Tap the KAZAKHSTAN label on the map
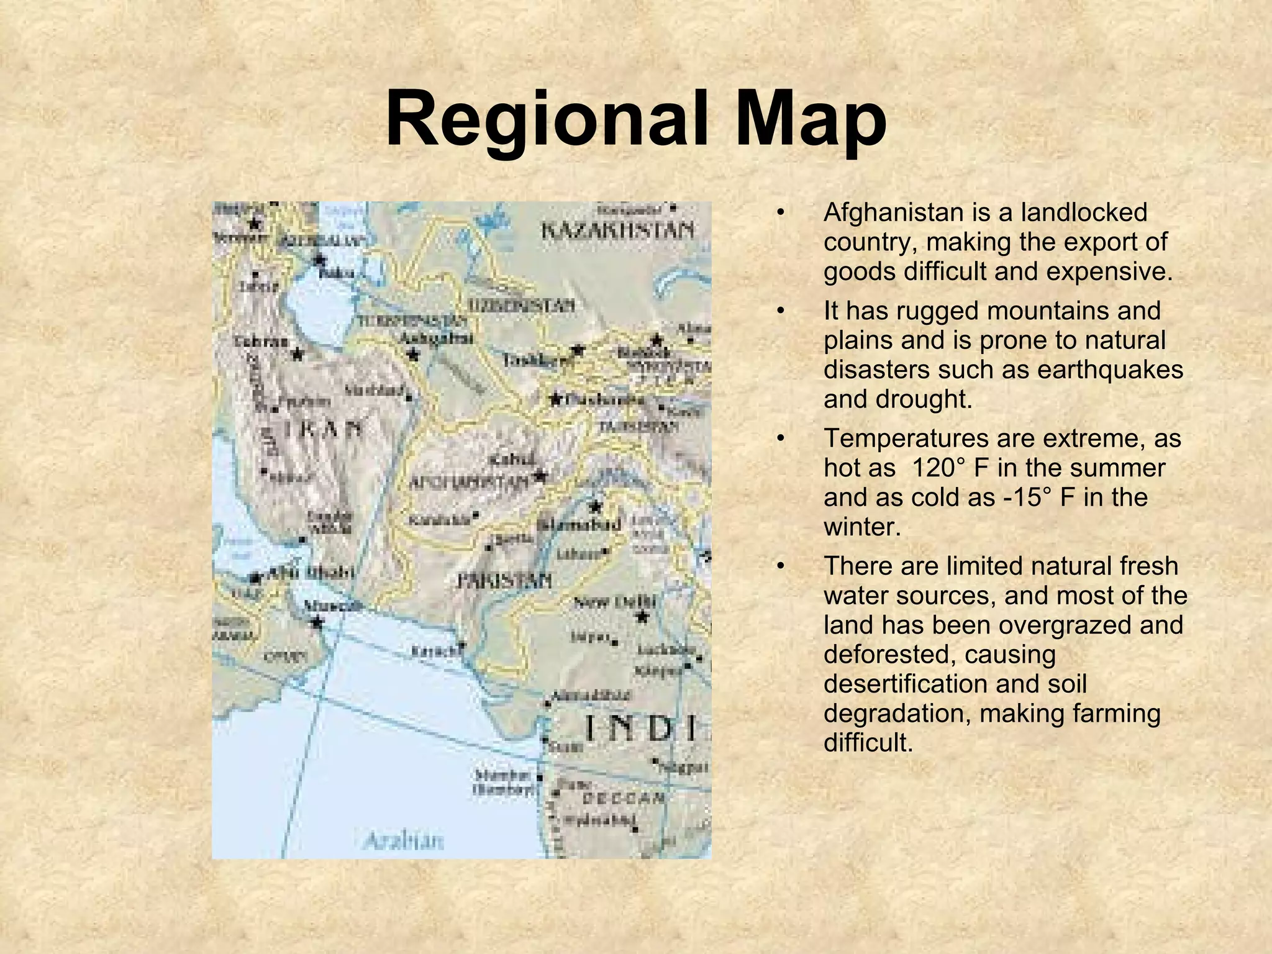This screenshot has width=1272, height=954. click(617, 231)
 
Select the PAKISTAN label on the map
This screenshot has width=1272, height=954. click(504, 581)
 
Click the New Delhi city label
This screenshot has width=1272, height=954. click(615, 601)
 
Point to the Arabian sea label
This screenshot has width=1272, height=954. click(404, 841)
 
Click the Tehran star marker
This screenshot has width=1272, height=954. click(298, 355)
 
